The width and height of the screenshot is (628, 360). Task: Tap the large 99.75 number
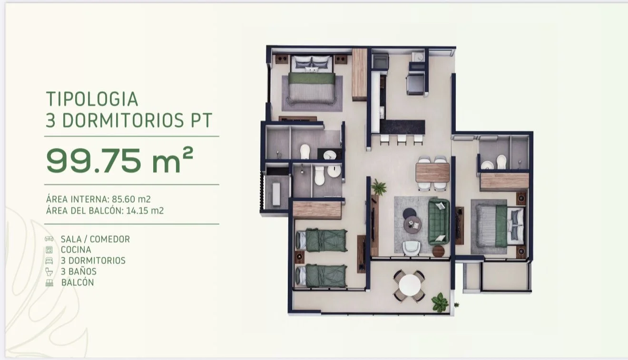click(x=94, y=160)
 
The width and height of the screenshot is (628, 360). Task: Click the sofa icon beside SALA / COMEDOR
click(x=49, y=239)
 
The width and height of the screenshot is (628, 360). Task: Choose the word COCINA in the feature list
click(x=76, y=250)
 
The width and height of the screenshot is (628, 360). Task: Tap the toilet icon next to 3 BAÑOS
click(x=49, y=272)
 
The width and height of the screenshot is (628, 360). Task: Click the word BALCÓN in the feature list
click(x=78, y=282)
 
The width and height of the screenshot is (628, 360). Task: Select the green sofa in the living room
click(x=439, y=222)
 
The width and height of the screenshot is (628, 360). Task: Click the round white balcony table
click(x=410, y=285)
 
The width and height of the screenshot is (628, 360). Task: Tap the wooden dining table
click(x=432, y=173)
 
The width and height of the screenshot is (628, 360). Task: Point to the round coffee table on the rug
click(x=412, y=224)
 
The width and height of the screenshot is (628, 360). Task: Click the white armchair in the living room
click(x=411, y=248)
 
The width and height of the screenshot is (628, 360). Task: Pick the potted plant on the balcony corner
click(x=440, y=302)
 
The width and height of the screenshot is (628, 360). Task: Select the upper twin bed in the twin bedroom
click(x=322, y=240)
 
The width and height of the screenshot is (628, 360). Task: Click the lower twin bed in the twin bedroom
click(x=321, y=276)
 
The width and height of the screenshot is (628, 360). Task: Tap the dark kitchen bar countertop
click(x=402, y=127)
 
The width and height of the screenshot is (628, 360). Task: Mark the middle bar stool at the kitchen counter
click(x=402, y=140)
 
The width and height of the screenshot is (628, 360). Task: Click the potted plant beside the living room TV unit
click(x=379, y=187)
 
